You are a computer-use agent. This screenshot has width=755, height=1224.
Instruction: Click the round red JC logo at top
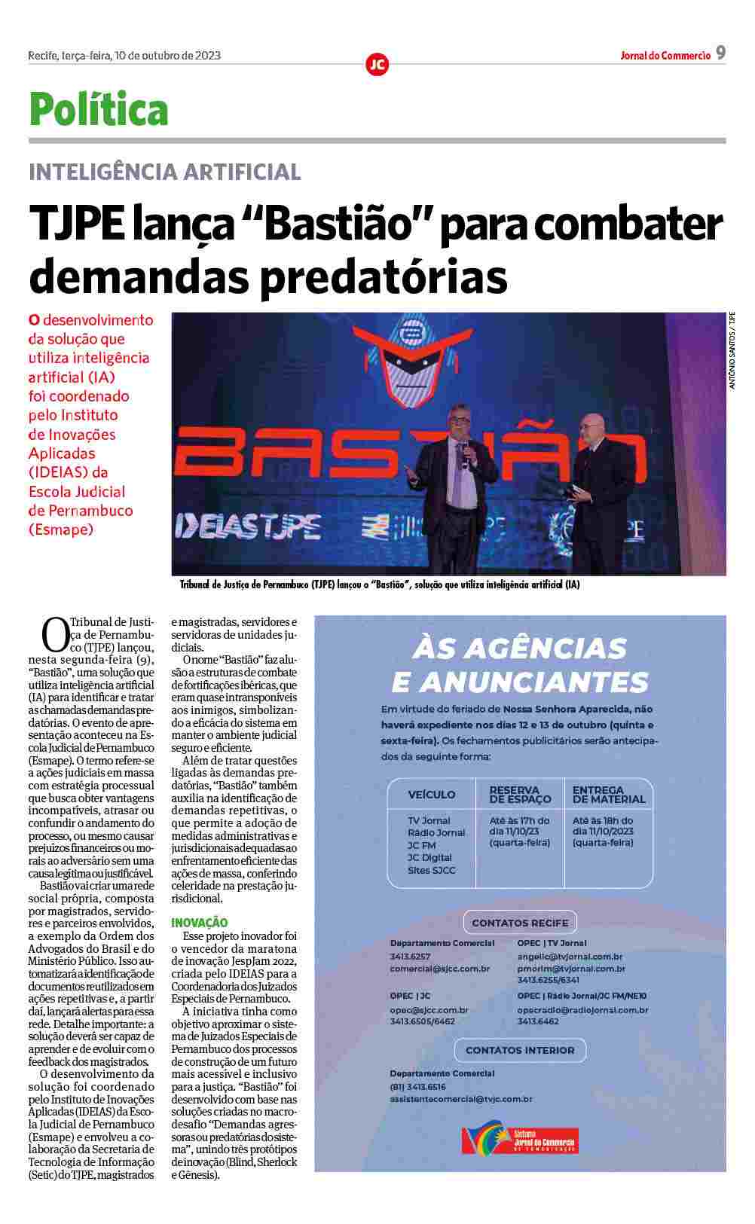377,65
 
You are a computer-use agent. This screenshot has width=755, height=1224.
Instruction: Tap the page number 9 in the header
720,53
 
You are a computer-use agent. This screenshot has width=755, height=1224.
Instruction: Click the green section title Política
98,110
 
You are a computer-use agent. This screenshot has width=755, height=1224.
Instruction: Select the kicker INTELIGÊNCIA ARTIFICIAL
164,172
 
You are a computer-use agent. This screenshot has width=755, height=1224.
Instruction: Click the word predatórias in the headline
384,276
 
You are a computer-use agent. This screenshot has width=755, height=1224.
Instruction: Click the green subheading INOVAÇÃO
199,922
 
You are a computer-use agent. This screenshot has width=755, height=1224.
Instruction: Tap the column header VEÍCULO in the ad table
432,795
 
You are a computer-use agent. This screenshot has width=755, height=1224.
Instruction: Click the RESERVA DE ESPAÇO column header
520,795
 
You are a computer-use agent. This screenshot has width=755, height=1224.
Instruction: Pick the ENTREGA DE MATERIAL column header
609,795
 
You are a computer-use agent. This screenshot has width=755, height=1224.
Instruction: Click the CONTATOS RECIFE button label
520,923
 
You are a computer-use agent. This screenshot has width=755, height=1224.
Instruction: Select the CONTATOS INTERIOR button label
520,1050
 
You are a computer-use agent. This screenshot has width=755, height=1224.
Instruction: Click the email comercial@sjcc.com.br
440,969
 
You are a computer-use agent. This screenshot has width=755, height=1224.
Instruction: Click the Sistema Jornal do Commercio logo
520,1140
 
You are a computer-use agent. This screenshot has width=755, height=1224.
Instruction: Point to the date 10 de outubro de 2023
167,55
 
